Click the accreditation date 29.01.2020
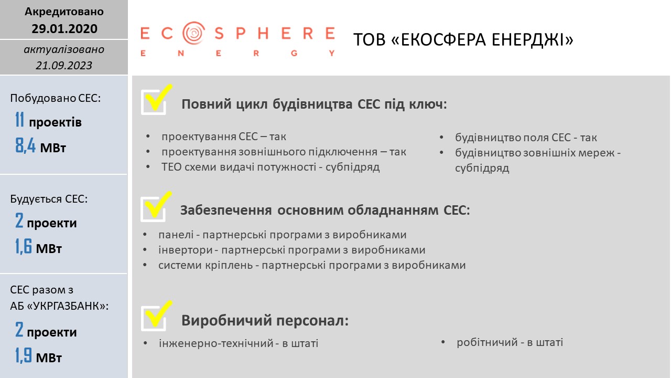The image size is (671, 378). (64, 28)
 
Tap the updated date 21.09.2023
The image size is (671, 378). (64, 66)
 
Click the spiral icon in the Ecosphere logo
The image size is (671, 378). (194, 33)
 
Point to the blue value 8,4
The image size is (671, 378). (26, 145)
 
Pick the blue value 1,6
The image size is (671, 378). (24, 246)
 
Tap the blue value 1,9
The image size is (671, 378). (24, 355)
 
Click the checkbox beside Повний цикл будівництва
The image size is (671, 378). (154, 102)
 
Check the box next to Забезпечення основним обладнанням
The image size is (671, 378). (153, 209)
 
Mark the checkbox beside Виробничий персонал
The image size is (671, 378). (154, 318)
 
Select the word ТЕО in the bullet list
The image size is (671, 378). (171, 167)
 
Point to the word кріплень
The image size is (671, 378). (229, 265)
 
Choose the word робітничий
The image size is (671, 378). (487, 342)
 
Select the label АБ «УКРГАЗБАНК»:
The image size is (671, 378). (59, 306)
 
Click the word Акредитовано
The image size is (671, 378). (64, 12)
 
